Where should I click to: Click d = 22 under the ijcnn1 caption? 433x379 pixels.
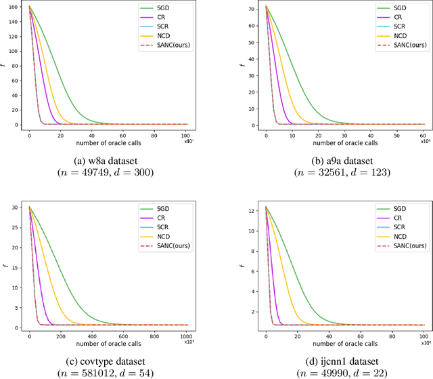[368, 372]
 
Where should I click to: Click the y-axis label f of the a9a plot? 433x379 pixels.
[242, 66]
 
